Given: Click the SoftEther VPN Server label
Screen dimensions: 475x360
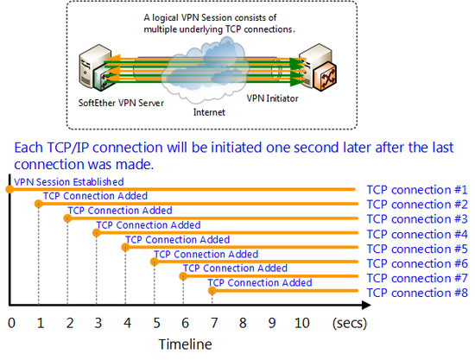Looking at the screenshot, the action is (x=121, y=103).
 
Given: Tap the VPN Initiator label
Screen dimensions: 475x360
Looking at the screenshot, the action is (x=272, y=98).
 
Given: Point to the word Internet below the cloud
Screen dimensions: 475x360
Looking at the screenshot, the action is (x=209, y=112).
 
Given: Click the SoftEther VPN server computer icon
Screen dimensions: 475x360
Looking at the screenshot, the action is (x=95, y=68).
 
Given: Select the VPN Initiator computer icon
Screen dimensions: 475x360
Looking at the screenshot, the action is (x=318, y=67).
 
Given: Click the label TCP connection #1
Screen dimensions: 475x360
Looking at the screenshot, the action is (x=417, y=190).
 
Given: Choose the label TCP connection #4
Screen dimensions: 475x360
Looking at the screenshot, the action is (x=417, y=234).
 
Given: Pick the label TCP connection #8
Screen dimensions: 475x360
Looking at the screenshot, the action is (x=417, y=293).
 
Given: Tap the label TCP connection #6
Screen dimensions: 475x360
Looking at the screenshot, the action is (x=417, y=263).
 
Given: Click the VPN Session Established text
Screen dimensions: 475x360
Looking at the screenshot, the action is (x=69, y=182).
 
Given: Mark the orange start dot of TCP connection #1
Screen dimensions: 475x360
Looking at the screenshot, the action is (x=9, y=189).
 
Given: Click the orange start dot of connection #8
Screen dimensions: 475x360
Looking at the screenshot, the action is (x=212, y=291).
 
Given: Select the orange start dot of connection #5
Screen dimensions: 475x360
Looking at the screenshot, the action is (x=125, y=247).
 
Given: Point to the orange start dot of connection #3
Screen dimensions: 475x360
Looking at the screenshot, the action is (x=67, y=218).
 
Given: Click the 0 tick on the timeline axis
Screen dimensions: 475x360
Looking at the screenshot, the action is (x=11, y=323).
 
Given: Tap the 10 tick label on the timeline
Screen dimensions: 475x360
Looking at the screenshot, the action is (x=302, y=323).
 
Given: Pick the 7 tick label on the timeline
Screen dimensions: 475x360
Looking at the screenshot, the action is (x=214, y=323).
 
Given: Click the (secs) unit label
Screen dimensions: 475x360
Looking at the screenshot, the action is (x=350, y=324).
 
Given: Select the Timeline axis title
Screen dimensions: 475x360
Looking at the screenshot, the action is (x=185, y=344).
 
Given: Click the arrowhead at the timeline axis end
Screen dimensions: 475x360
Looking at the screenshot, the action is (x=366, y=305).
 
